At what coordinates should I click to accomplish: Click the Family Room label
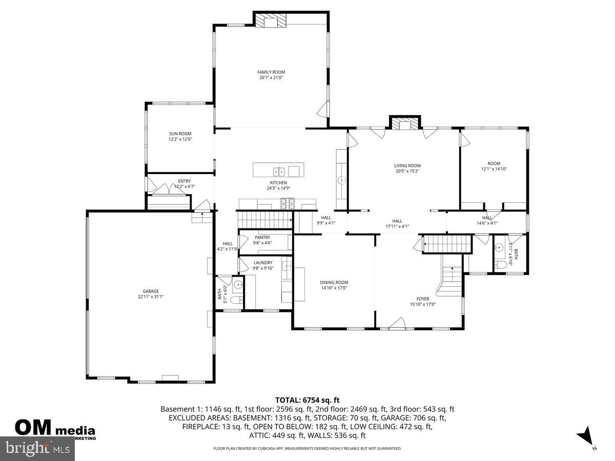tap(271, 72)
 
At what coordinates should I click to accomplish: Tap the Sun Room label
tap(180, 134)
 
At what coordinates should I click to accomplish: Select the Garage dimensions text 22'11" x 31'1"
tap(151, 297)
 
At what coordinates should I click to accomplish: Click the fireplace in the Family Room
tap(271, 20)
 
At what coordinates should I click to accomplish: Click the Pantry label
tap(262, 238)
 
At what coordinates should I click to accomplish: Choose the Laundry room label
tap(263, 263)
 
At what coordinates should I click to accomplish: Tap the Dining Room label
tap(334, 282)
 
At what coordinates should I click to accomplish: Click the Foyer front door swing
tap(398, 323)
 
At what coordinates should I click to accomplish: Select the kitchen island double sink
tap(279, 171)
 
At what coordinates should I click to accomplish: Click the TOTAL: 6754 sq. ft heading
tap(307, 400)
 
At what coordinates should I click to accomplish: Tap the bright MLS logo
tap(37, 448)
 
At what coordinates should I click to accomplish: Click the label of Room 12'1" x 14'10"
tap(494, 163)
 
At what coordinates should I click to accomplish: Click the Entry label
tap(184, 181)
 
